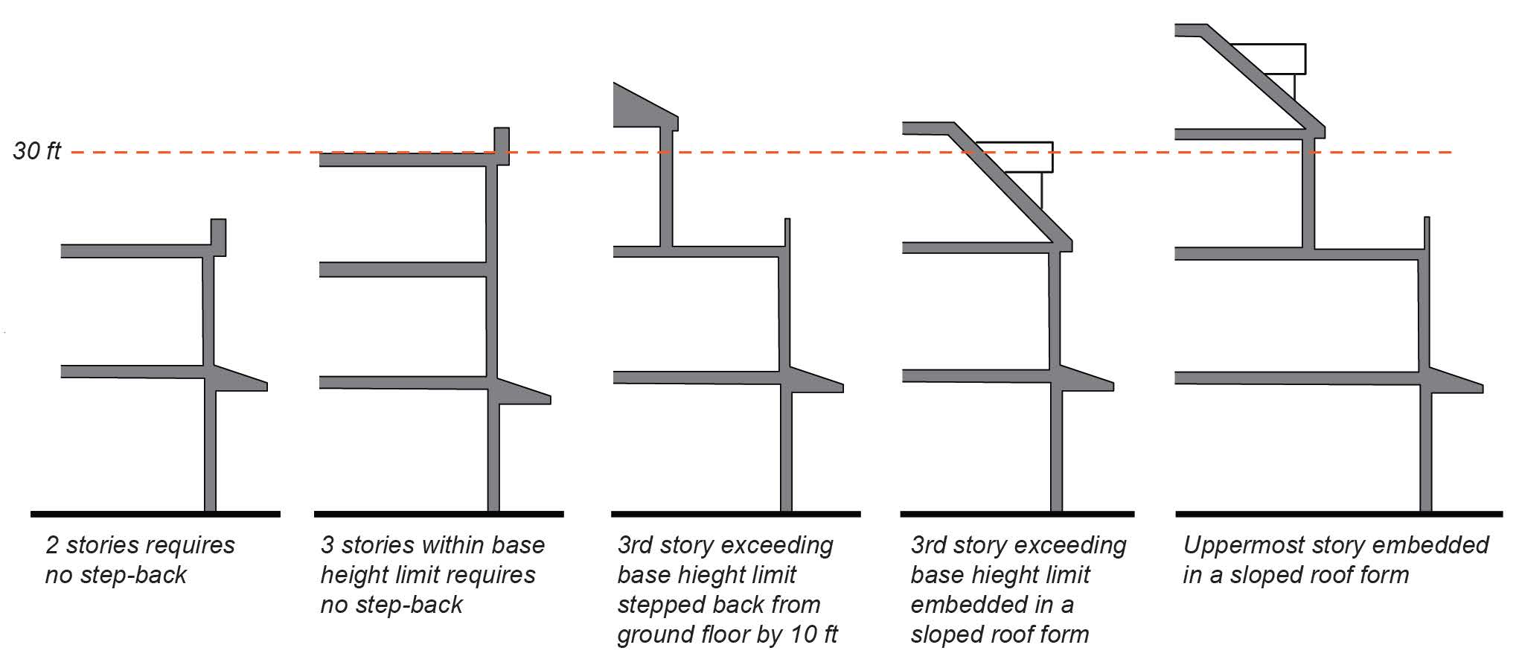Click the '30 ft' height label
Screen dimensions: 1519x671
[x=37, y=151]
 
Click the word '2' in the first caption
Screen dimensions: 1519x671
[x=52, y=545]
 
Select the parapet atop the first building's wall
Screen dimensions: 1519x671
[x=218, y=238]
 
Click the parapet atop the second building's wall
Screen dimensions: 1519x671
[x=502, y=146]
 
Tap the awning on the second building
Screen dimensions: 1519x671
[x=524, y=392]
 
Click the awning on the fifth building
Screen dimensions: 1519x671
[x=1456, y=381]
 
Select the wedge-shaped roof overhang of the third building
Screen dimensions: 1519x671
[x=645, y=106]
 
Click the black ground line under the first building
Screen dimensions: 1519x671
[x=156, y=514]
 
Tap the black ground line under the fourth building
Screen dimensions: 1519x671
[x=1017, y=514]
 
